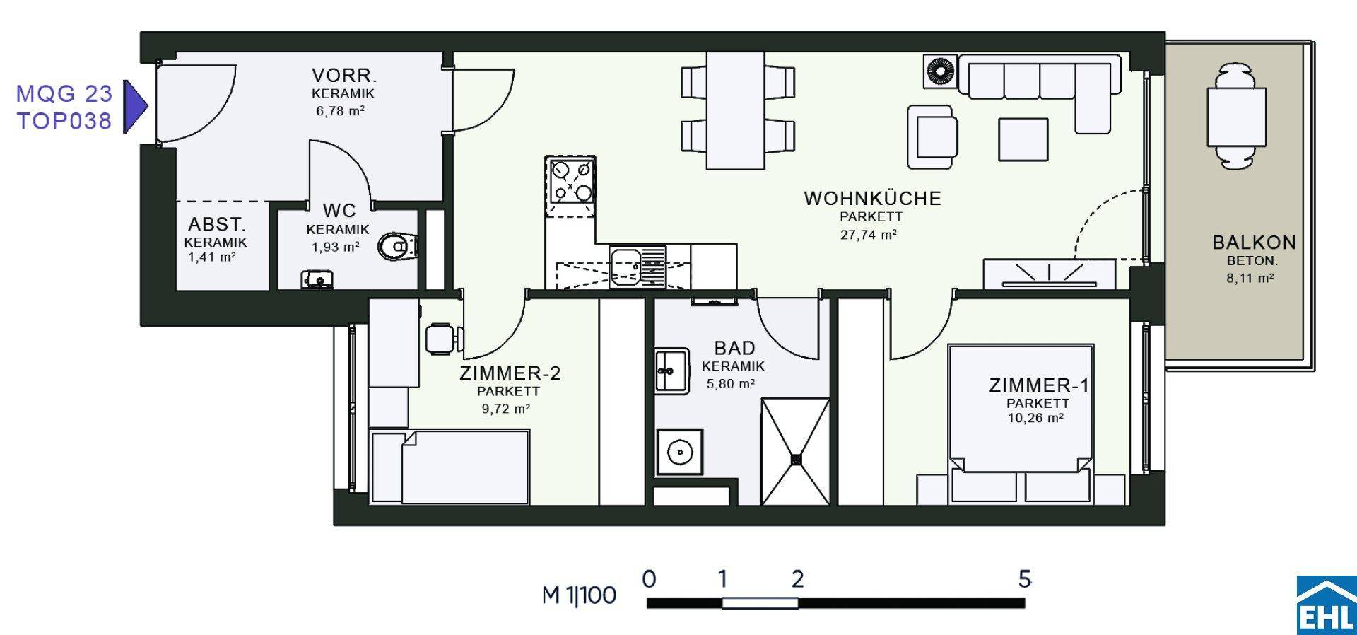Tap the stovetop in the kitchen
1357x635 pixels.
(570, 181)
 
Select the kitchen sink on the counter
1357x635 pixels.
(638, 266)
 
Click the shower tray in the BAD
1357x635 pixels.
(796, 452)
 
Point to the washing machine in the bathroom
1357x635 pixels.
(680, 452)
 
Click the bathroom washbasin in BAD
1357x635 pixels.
(671, 371)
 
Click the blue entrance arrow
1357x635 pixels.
(135, 106)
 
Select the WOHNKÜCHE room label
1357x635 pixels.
(872, 198)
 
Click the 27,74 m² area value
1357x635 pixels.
(869, 235)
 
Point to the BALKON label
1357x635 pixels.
(1254, 243)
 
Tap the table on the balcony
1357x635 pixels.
(1236, 116)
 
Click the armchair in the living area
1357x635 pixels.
(933, 136)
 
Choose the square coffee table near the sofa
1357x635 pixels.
(1023, 139)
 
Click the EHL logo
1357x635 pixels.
(1326, 605)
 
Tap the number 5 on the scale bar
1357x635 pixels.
(1025, 579)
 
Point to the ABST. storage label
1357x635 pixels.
(217, 225)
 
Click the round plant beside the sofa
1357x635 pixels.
(941, 72)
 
